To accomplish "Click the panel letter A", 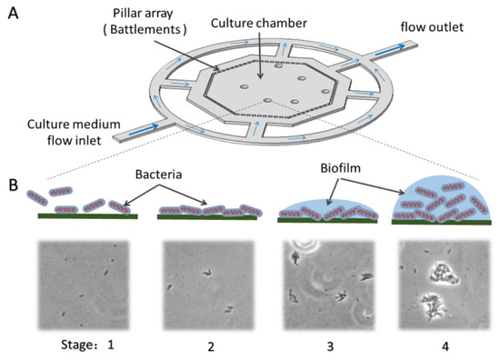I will click(x=14, y=13).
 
